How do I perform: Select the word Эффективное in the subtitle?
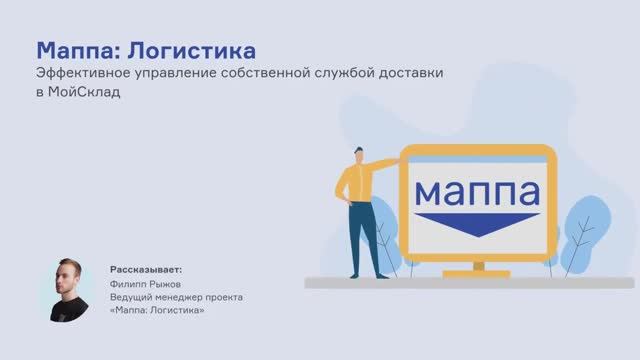(79, 74)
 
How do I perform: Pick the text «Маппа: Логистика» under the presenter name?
(157, 310)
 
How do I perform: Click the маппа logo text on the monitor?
(476, 189)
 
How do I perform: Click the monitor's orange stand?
(477, 266)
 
